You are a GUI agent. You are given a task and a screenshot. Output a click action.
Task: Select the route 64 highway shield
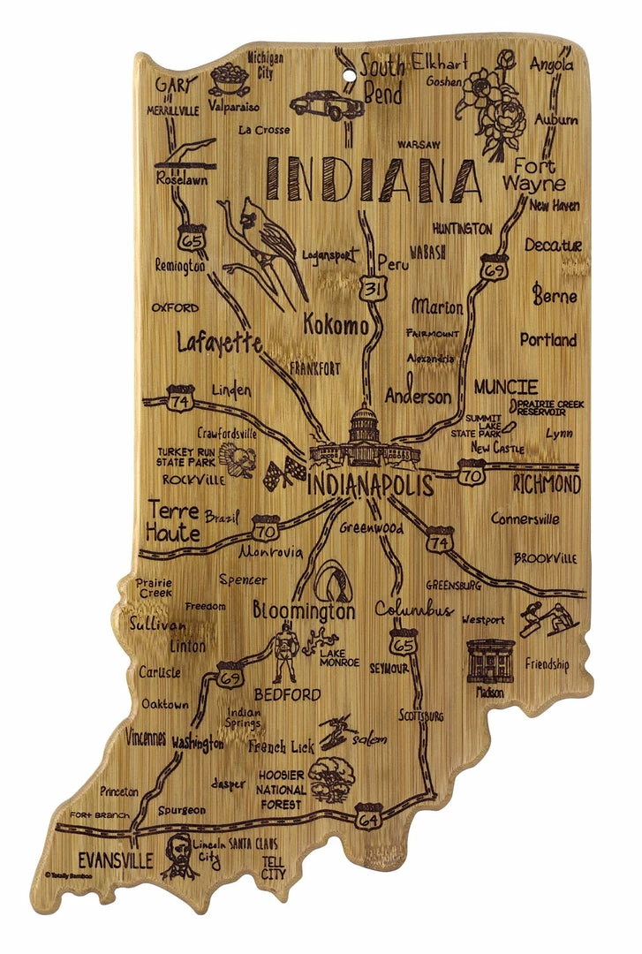coord(367,816)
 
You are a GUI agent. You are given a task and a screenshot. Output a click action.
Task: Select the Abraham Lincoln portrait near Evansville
coord(180,855)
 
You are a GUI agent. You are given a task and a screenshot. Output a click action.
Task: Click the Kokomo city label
coord(336,326)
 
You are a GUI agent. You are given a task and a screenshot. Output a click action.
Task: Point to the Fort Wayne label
coord(530,175)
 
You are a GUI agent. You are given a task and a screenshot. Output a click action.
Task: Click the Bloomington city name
coord(304,610)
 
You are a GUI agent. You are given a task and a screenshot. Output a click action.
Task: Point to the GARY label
coord(174,85)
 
